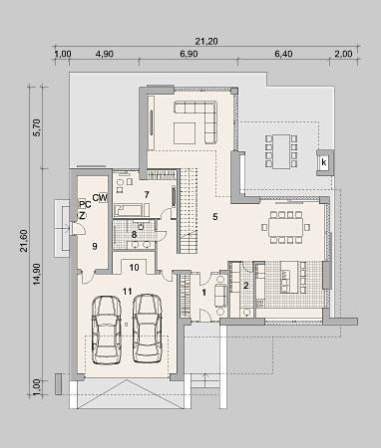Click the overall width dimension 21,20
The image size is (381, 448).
pyautogui.click(x=206, y=41)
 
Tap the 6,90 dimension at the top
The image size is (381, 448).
pyautogui.click(x=189, y=54)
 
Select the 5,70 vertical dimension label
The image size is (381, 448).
pyautogui.click(x=36, y=127)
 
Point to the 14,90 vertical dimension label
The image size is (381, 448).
pyautogui.click(x=36, y=274)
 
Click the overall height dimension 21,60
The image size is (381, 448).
pyautogui.click(x=24, y=241)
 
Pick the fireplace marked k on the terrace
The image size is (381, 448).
pyautogui.click(x=324, y=162)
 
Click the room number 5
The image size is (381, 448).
pyautogui.click(x=215, y=217)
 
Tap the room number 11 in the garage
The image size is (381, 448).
pyautogui.click(x=128, y=292)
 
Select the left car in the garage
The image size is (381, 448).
pyautogui.click(x=107, y=330)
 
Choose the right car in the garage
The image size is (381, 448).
pyautogui.click(x=148, y=328)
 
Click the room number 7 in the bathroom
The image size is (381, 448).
pyautogui.click(x=147, y=194)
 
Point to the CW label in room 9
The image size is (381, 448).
pyautogui.click(x=100, y=198)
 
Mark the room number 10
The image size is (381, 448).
pyautogui.click(x=134, y=268)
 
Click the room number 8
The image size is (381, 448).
pyautogui.click(x=134, y=235)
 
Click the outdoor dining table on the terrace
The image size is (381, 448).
pyautogui.click(x=281, y=151)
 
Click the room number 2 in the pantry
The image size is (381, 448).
pyautogui.click(x=246, y=286)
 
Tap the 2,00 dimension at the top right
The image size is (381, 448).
pyautogui.click(x=343, y=54)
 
